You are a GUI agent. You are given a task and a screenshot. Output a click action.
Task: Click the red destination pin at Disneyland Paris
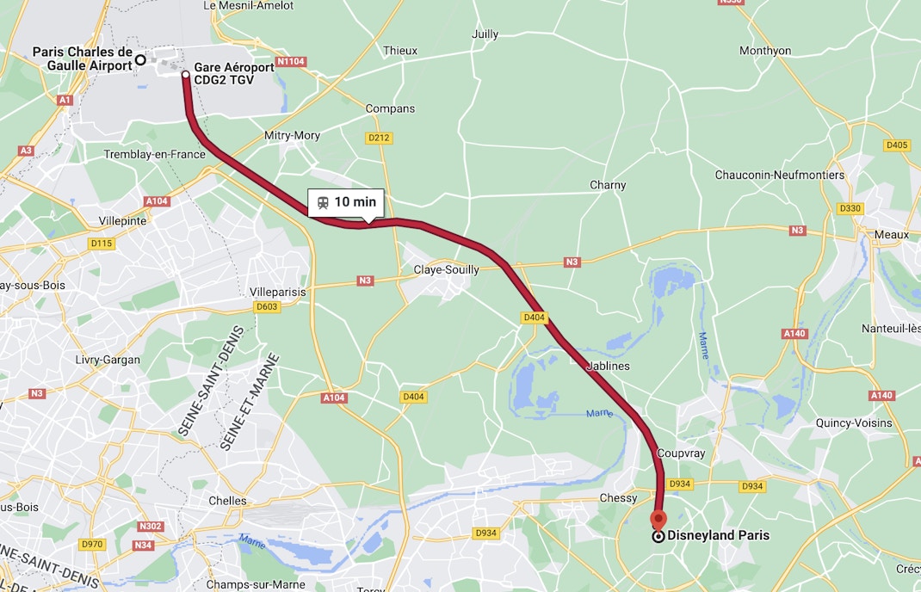coord(658,519)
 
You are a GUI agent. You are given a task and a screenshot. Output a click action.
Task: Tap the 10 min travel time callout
coord(346,202)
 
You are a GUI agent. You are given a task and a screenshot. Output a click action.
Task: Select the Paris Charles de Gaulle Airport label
coord(83,59)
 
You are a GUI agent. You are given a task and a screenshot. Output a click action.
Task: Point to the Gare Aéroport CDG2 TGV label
coord(234,73)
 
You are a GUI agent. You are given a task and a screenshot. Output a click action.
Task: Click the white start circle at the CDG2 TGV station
coord(186,75)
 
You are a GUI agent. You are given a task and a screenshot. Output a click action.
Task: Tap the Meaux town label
coord(891,234)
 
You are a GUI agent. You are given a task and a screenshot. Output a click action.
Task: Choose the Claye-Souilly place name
coord(446,269)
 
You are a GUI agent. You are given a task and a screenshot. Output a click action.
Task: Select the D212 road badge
coord(379,138)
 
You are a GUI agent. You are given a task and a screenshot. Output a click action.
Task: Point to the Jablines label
coord(608,366)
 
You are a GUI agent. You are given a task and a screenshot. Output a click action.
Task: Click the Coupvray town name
coord(681,453)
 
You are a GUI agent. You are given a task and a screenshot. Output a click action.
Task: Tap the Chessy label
coord(618,498)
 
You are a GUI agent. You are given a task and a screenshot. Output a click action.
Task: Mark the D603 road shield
coord(268,307)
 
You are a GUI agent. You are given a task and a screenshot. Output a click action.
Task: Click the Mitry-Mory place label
coord(293,135)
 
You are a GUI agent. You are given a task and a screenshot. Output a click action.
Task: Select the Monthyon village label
coord(765,51)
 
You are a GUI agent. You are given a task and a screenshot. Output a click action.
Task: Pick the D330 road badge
coord(850,208)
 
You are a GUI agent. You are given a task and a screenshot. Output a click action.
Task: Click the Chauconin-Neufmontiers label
coord(780,175)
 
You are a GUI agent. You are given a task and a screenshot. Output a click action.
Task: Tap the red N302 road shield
coord(149,526)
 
